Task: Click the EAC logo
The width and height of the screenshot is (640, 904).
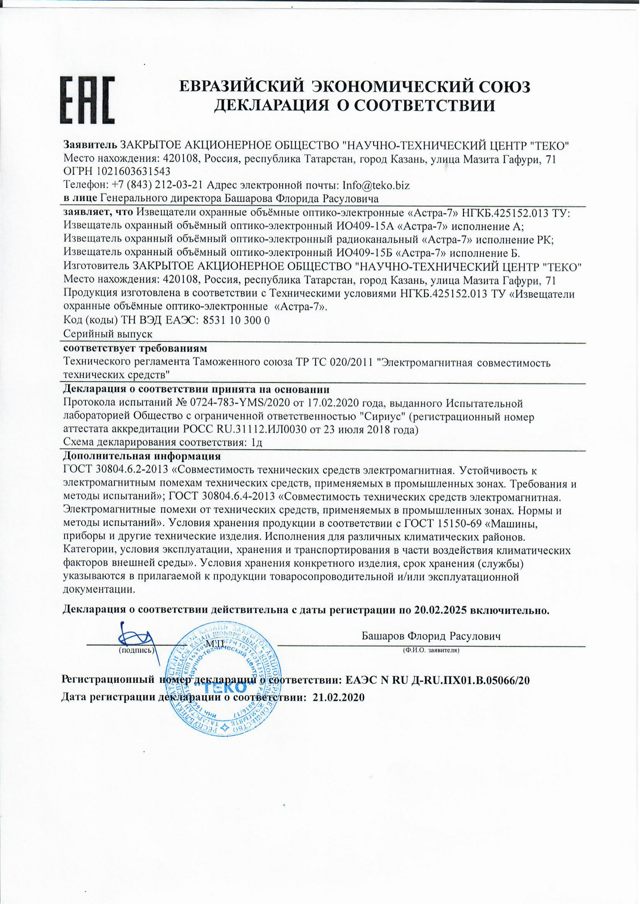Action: click(x=87, y=99)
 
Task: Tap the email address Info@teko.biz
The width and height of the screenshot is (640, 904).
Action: click(x=376, y=185)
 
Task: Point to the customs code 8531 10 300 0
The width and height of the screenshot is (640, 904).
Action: click(x=236, y=320)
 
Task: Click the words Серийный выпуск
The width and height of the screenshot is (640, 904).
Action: click(x=108, y=334)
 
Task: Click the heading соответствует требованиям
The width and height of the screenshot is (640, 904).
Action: click(x=135, y=348)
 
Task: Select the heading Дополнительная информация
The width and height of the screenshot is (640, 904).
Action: click(x=142, y=456)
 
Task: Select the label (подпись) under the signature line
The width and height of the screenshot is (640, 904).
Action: click(x=136, y=650)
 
